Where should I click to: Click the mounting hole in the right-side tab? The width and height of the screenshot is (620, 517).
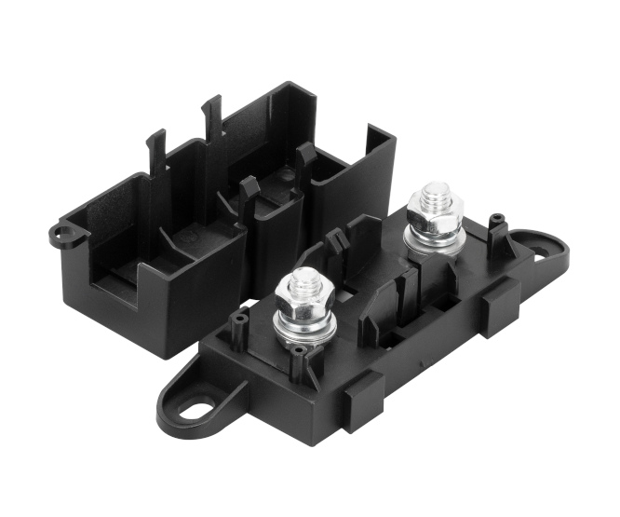(549, 247)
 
